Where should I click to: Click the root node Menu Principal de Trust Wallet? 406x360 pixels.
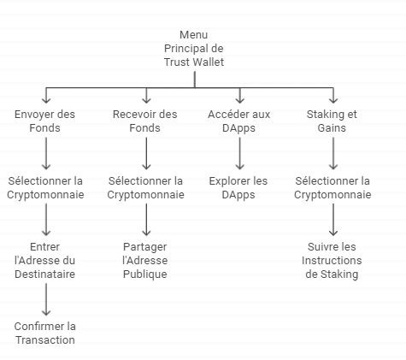tap(194, 49)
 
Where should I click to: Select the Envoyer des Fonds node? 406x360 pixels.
tap(44, 121)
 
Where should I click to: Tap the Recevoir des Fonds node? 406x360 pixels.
tap(145, 121)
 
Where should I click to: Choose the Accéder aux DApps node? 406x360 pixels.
tap(238, 121)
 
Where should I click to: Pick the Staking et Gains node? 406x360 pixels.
tap(332, 121)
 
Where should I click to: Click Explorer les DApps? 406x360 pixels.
tap(238, 188)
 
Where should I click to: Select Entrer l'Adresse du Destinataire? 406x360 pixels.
tap(44, 261)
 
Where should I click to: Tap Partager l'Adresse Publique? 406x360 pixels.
tap(145, 261)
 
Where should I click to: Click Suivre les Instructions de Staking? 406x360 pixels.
tap(332, 261)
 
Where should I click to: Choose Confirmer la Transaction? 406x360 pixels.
tap(45, 333)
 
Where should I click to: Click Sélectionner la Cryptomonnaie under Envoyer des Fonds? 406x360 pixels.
tap(45, 188)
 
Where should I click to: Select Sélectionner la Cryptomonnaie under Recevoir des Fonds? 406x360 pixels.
tap(145, 188)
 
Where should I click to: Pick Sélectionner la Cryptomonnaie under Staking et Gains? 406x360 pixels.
tap(332, 188)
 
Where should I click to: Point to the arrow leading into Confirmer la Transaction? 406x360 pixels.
tap(46, 299)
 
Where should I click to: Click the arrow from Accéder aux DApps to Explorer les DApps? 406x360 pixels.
tap(239, 153)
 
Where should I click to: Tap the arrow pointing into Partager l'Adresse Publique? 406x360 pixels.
tap(146, 220)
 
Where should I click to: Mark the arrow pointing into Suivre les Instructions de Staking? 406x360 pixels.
tap(333, 220)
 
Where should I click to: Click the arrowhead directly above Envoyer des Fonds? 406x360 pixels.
tap(46, 100)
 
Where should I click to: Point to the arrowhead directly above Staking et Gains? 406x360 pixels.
tap(333, 100)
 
